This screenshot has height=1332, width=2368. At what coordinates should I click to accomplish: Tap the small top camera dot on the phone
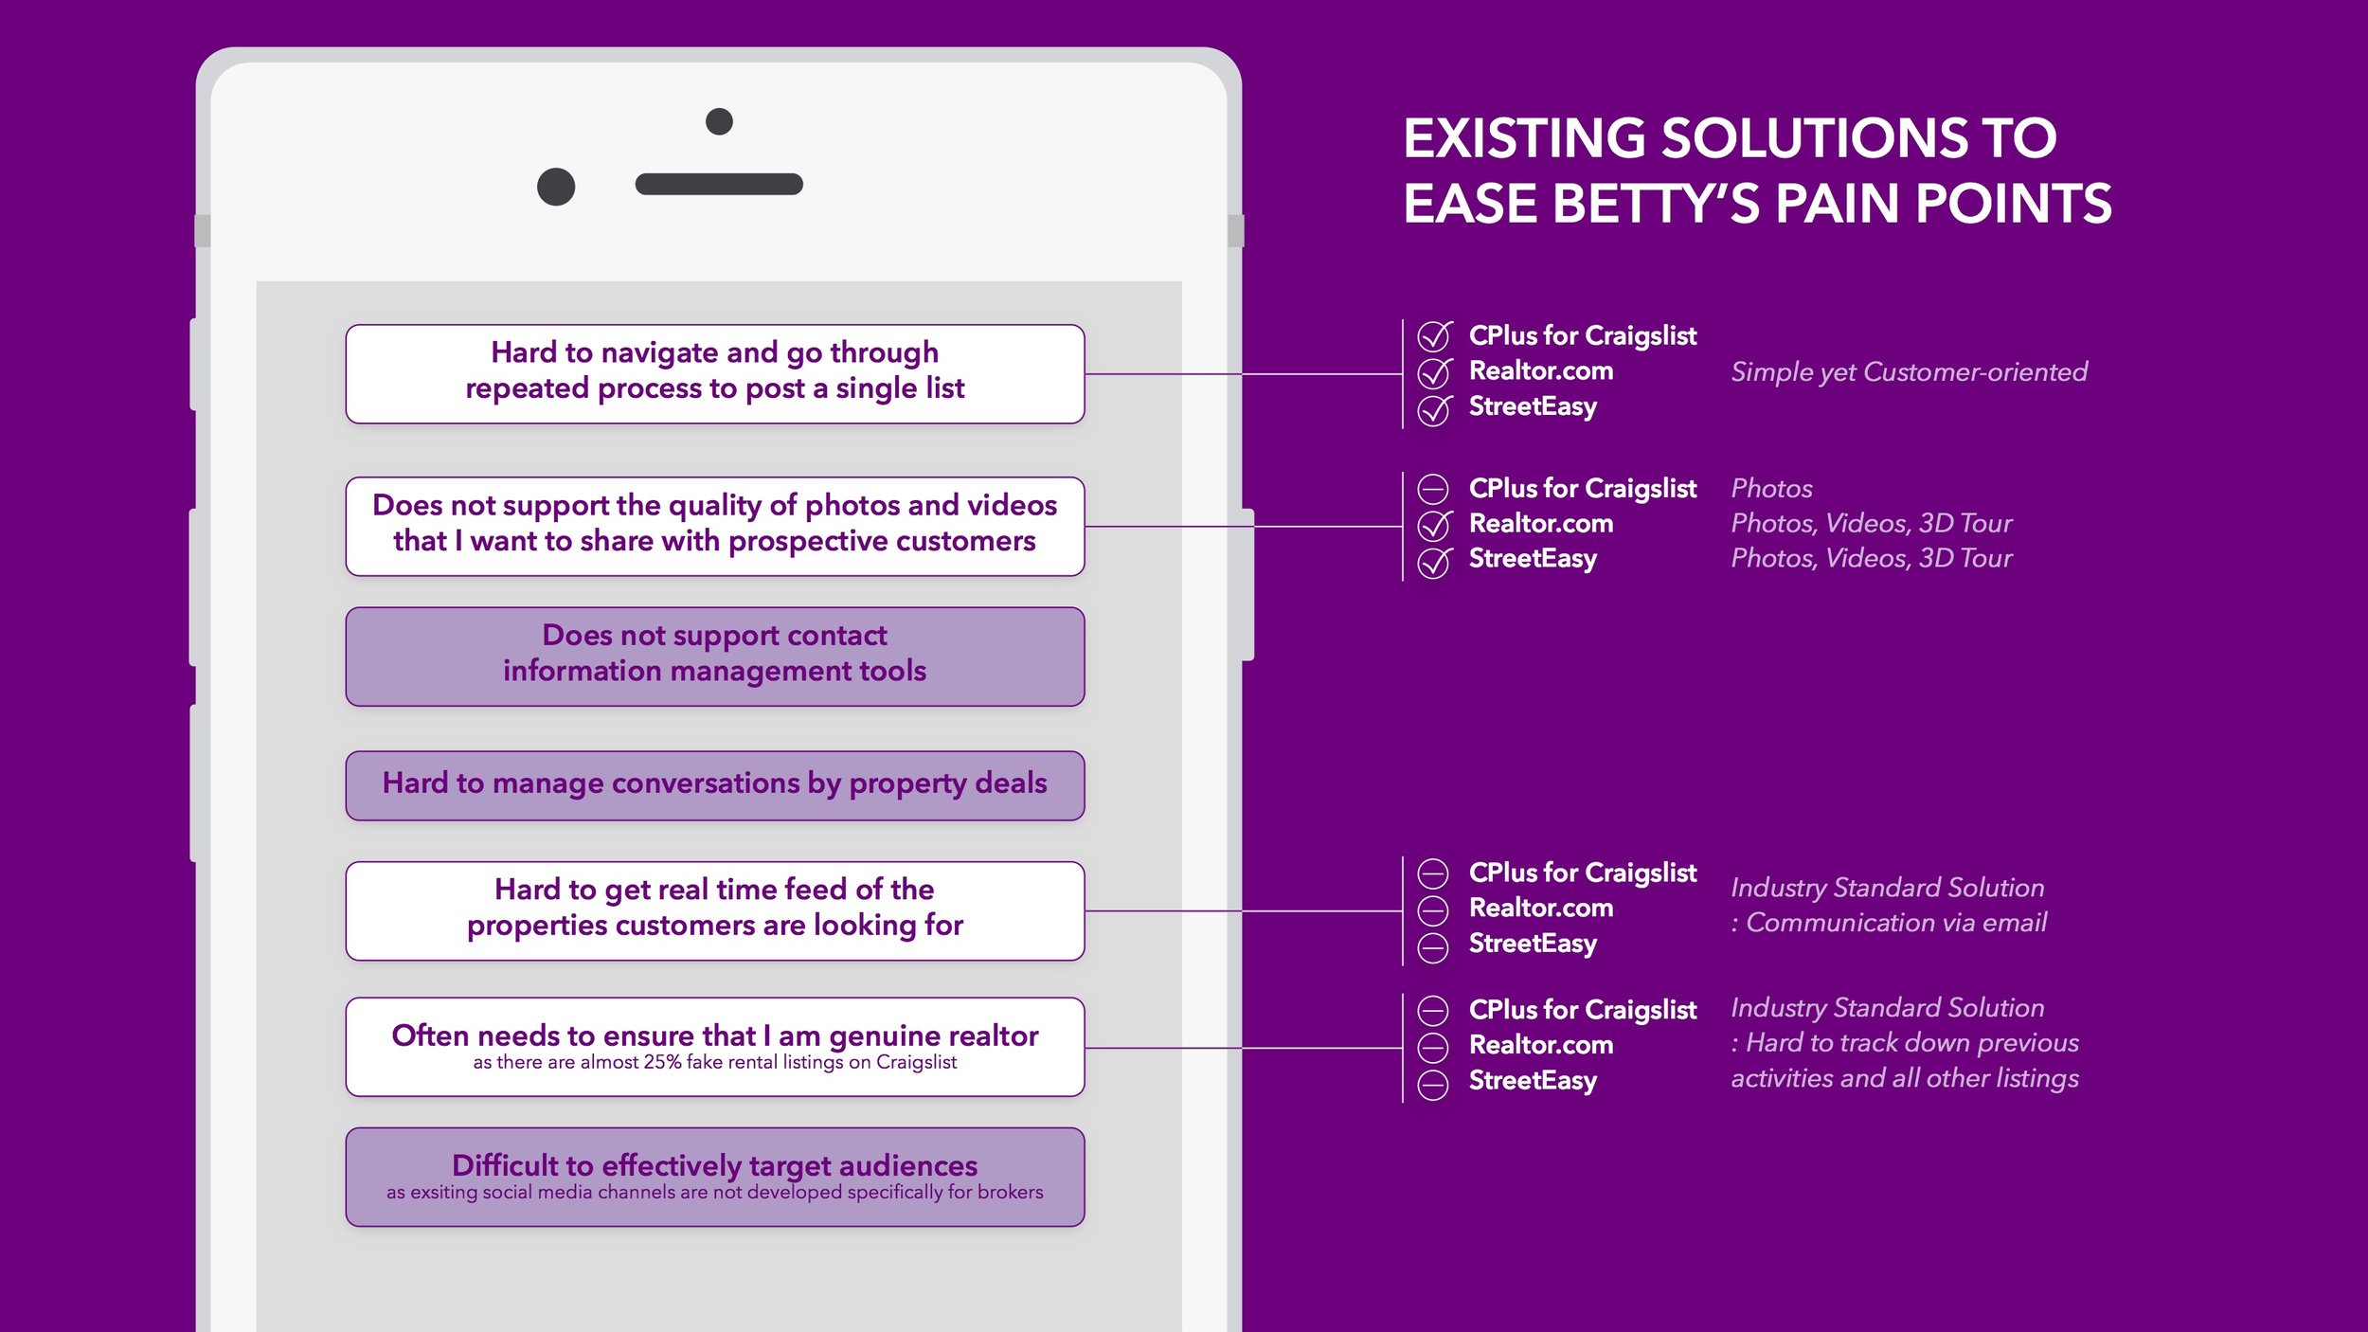coord(719,121)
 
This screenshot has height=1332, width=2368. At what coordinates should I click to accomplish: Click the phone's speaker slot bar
coord(719,184)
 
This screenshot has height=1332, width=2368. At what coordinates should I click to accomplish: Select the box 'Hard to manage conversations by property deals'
coord(715,784)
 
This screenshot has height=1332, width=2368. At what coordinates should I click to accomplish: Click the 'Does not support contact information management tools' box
coord(715,656)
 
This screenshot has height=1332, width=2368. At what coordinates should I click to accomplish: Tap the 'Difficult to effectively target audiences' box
coord(715,1176)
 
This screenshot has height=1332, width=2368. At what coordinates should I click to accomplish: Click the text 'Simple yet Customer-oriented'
coord(1909,371)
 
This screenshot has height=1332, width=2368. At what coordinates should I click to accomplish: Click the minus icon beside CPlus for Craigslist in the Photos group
coord(1433,489)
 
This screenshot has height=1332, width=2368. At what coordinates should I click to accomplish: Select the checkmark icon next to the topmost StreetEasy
coord(1434,409)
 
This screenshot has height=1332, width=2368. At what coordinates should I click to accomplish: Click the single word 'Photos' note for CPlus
coord(1771,488)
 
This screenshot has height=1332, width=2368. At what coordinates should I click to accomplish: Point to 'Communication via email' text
coord(1895,922)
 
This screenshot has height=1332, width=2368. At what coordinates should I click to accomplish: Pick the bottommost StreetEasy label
coord(1533,1080)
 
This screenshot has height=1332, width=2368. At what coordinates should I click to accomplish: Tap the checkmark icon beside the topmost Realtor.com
coord(1434,372)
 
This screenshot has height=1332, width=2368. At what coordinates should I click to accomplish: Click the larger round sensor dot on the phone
coord(556,187)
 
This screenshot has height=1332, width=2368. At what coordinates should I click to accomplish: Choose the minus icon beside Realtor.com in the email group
coord(1433,910)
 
